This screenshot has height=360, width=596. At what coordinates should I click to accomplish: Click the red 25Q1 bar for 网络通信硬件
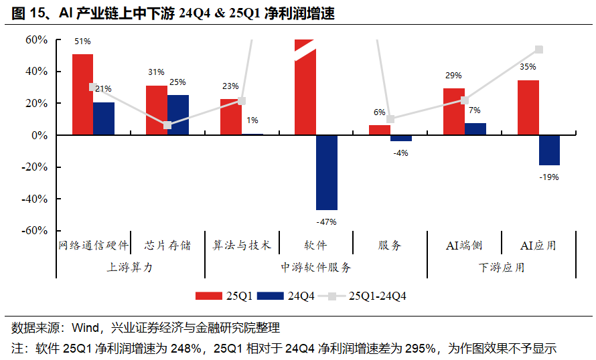pyautogui.click(x=82, y=94)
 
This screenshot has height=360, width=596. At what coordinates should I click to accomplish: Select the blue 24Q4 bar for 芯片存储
pyautogui.click(x=178, y=115)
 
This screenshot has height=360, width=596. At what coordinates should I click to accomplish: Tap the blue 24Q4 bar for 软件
pyautogui.click(x=327, y=173)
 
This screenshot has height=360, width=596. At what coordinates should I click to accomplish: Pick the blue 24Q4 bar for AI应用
pyautogui.click(x=549, y=150)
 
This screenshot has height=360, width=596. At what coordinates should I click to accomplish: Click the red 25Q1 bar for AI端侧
pyautogui.click(x=453, y=112)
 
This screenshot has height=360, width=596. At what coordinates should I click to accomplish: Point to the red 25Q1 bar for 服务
pyautogui.click(x=380, y=130)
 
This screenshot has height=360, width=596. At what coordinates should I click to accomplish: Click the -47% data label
pyautogui.click(x=326, y=221)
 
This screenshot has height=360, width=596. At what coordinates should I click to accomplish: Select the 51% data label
pyautogui.click(x=82, y=41)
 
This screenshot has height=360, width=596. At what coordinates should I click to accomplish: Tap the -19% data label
pyautogui.click(x=549, y=177)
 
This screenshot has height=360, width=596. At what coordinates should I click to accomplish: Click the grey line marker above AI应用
pyautogui.click(x=539, y=50)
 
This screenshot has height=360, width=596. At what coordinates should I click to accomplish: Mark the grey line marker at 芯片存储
pyautogui.click(x=167, y=125)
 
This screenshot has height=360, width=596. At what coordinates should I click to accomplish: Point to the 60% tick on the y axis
pyautogui.click(x=36, y=40)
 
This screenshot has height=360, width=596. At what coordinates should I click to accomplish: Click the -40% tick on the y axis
pyautogui.click(x=34, y=199)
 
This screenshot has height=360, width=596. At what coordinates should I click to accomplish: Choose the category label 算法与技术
pyautogui.click(x=242, y=245)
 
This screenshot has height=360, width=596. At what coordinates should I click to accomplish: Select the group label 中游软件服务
pyautogui.click(x=315, y=267)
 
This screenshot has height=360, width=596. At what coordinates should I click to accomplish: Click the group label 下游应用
pyautogui.click(x=501, y=267)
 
